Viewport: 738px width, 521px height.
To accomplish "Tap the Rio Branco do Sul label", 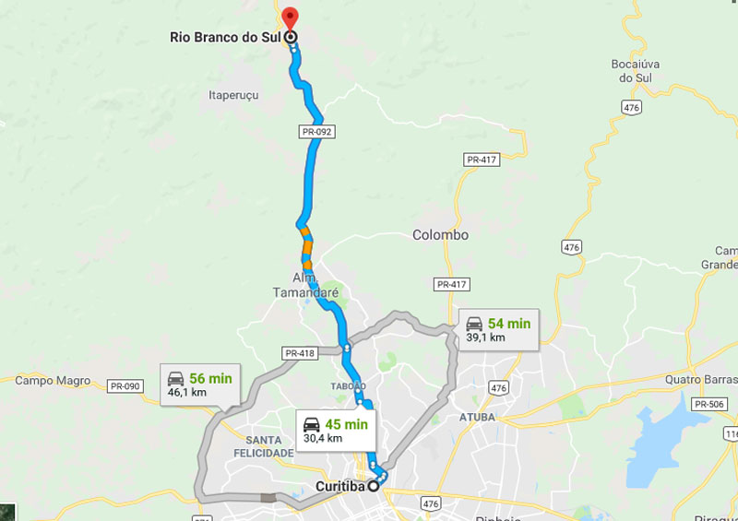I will [225, 37].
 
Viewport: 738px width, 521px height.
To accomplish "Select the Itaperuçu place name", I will [233, 95].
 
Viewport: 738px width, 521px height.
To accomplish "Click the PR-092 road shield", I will [316, 132].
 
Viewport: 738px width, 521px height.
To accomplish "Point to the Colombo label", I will [440, 235].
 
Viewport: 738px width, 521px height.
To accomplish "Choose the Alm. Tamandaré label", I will [305, 285].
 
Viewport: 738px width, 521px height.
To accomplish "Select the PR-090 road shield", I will [125, 385].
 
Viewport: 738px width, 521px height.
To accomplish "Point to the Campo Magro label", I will [53, 380].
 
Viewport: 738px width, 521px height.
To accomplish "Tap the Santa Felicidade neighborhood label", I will [264, 446].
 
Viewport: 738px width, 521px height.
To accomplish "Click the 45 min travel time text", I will [346, 424].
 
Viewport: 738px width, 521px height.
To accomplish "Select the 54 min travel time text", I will [509, 324].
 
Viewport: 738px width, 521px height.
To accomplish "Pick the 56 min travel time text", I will [210, 378].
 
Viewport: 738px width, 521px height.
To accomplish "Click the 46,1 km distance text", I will [186, 393].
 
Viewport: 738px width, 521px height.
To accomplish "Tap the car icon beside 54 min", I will [474, 324].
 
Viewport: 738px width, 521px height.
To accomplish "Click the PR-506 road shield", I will [708, 404].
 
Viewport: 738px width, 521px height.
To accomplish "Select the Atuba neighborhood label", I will [477, 417].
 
